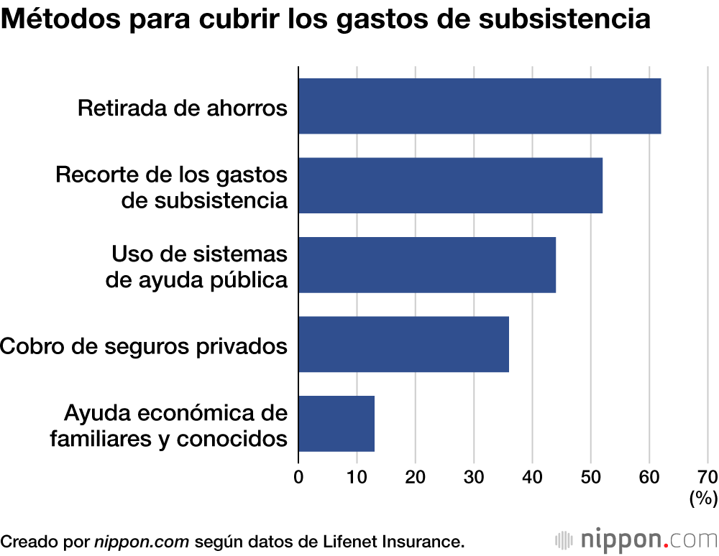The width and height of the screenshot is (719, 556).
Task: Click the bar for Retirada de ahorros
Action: click(480, 106)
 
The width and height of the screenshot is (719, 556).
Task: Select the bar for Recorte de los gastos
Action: click(450, 185)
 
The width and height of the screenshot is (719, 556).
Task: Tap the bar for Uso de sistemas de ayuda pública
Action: click(427, 265)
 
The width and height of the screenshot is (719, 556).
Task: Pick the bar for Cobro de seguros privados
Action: click(403, 344)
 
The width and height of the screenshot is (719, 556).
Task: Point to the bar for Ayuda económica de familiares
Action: click(336, 423)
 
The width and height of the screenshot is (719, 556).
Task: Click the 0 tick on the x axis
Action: click(298, 476)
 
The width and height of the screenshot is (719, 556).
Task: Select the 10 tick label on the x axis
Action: click(357, 476)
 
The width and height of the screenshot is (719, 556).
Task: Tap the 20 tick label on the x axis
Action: click(415, 476)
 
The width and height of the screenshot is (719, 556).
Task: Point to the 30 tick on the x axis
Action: click(474, 476)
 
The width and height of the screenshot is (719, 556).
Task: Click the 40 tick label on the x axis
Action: click(532, 476)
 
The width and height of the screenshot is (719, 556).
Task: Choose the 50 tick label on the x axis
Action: click(590, 476)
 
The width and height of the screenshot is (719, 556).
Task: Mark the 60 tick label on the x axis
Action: click(649, 476)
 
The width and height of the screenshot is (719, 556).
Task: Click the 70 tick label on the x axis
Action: click(707, 476)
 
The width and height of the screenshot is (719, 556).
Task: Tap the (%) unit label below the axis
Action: click(703, 498)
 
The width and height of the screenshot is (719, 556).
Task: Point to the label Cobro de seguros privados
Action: click(144, 346)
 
